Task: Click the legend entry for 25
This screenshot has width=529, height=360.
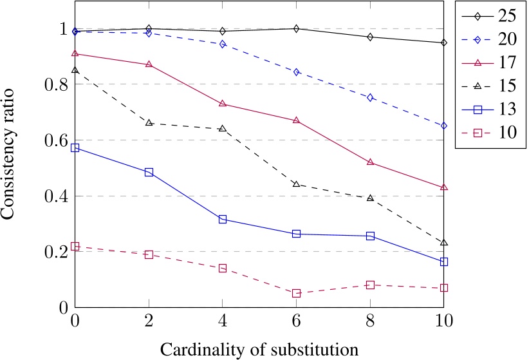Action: coord(489,15)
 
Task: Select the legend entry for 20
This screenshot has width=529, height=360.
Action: coord(489,39)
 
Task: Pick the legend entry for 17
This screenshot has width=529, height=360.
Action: coord(489,62)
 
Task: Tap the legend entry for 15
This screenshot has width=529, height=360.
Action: coord(489,86)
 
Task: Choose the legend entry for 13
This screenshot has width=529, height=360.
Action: coord(489,109)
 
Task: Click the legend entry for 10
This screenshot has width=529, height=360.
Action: coord(489,133)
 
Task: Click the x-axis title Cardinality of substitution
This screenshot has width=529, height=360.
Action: coord(260,349)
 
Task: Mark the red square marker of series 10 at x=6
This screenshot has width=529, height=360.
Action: coord(297,293)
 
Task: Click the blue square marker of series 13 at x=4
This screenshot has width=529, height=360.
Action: coord(223,220)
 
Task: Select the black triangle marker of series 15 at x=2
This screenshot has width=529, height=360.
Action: coord(149,122)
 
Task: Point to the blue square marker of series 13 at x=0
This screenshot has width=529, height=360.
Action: coord(75,148)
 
